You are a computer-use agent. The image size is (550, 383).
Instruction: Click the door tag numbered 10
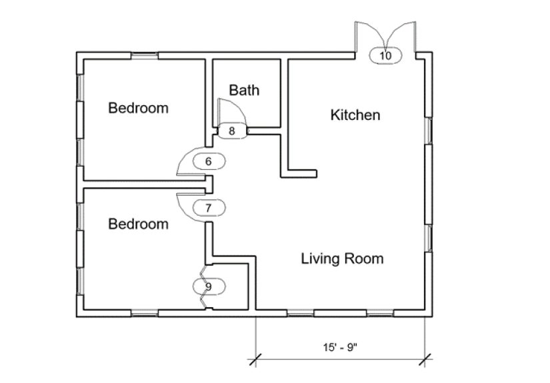[385, 55]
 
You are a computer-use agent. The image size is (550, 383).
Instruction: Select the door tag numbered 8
[232, 131]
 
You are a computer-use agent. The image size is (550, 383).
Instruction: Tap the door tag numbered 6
[208, 161]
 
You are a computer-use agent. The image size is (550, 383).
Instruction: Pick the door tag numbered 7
[208, 208]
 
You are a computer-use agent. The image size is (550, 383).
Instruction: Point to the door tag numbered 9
[209, 286]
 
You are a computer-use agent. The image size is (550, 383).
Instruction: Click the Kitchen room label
[355, 115]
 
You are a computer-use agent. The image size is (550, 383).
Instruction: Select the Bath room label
[244, 90]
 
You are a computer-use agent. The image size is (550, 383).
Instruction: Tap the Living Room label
[342, 258]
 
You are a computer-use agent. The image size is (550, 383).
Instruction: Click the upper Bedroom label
[139, 107]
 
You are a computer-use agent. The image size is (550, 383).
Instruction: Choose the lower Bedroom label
[139, 224]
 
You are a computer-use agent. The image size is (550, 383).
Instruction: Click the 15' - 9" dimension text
[341, 347]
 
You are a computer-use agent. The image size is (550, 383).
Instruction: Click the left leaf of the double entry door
[365, 37]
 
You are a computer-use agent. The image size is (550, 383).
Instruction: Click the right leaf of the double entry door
[406, 37]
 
